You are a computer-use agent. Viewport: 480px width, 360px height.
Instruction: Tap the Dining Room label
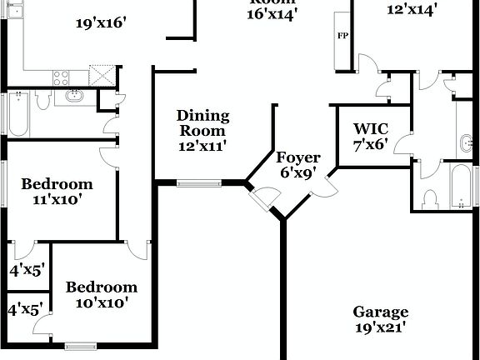point(202,123)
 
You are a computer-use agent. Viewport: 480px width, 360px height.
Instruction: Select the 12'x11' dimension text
point(202,146)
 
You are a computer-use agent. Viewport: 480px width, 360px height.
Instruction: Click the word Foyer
point(298,157)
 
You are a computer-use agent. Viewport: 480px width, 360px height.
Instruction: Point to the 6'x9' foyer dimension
point(298,173)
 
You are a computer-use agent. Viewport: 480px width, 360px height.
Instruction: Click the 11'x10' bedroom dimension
point(57,200)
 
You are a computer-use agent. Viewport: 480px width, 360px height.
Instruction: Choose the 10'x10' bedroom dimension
point(102,303)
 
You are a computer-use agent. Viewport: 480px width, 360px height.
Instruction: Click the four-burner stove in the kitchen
point(62,77)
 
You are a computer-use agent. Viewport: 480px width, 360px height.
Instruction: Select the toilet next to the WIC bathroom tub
point(431,199)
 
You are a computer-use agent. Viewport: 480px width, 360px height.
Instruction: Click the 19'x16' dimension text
point(100,23)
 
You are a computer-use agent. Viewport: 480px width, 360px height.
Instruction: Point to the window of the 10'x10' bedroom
point(81,345)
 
